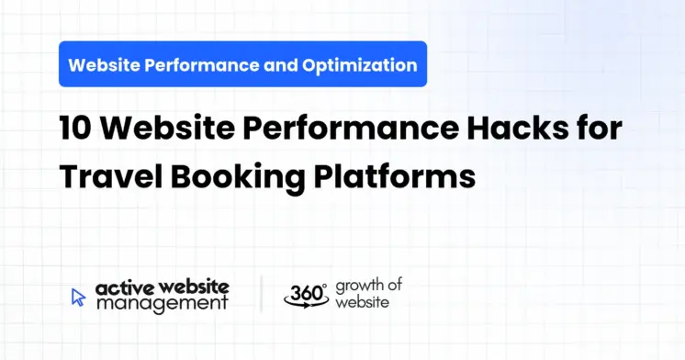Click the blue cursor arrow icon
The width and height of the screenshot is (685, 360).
(79, 297)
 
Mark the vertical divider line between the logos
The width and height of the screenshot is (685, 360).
(262, 294)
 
